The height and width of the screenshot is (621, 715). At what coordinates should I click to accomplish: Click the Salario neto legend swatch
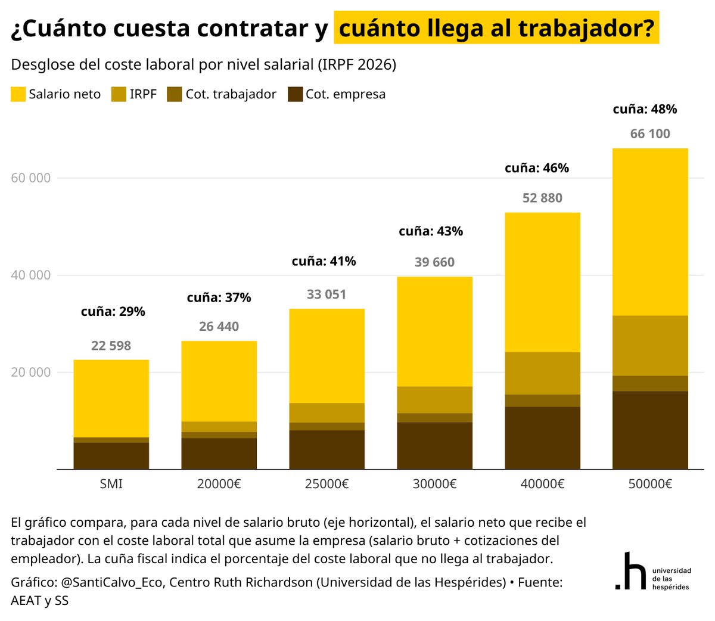click(x=18, y=94)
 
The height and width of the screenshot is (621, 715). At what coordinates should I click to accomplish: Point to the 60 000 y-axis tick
click(x=31, y=178)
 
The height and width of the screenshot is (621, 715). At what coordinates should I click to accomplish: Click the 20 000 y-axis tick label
click(x=31, y=372)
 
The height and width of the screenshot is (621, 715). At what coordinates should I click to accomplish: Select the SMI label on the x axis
click(x=111, y=484)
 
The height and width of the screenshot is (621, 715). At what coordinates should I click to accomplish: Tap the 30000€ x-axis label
click(x=434, y=484)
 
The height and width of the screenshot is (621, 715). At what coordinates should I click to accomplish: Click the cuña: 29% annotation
click(x=113, y=311)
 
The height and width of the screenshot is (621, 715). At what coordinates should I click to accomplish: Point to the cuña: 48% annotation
click(x=645, y=109)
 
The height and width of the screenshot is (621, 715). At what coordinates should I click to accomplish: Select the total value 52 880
click(x=542, y=198)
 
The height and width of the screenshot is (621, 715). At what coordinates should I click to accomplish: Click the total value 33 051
click(x=327, y=294)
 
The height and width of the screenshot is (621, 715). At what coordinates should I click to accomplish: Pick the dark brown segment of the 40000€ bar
click(x=542, y=437)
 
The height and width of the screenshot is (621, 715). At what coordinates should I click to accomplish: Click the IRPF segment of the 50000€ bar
click(x=650, y=346)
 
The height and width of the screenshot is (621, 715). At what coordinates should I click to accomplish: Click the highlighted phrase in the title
click(x=496, y=28)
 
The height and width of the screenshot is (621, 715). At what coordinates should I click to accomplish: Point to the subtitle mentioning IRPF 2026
click(x=203, y=64)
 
